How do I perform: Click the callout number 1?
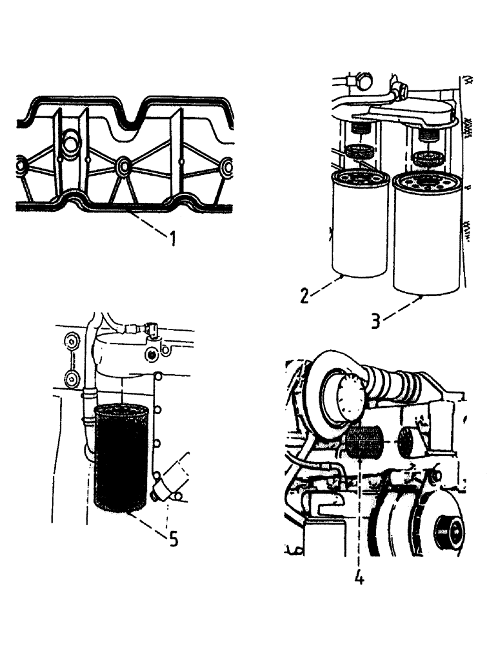click(172, 240)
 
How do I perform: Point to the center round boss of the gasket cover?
click(123, 167)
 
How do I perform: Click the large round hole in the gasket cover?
click(70, 141)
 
